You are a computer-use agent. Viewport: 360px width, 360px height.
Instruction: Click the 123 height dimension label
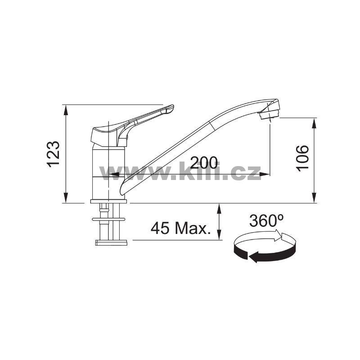tap(53, 154)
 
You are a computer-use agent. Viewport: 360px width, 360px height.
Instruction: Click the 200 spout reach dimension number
tap(204, 162)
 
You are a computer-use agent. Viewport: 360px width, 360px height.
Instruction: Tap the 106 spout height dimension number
tap(302, 158)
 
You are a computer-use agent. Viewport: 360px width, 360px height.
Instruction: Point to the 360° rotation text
tap(266, 221)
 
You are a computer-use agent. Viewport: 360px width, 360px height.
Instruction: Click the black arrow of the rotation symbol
tap(264, 252)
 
